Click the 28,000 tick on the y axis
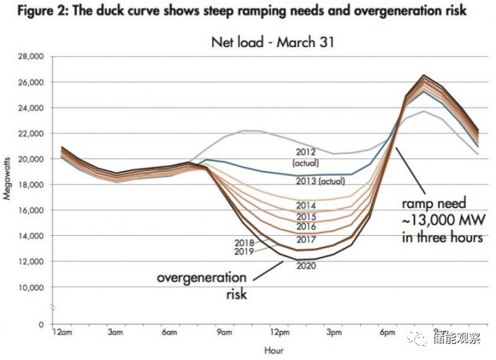click(31, 57)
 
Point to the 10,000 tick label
click(31, 287)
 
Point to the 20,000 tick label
click(31, 159)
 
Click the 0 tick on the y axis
click(42, 324)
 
